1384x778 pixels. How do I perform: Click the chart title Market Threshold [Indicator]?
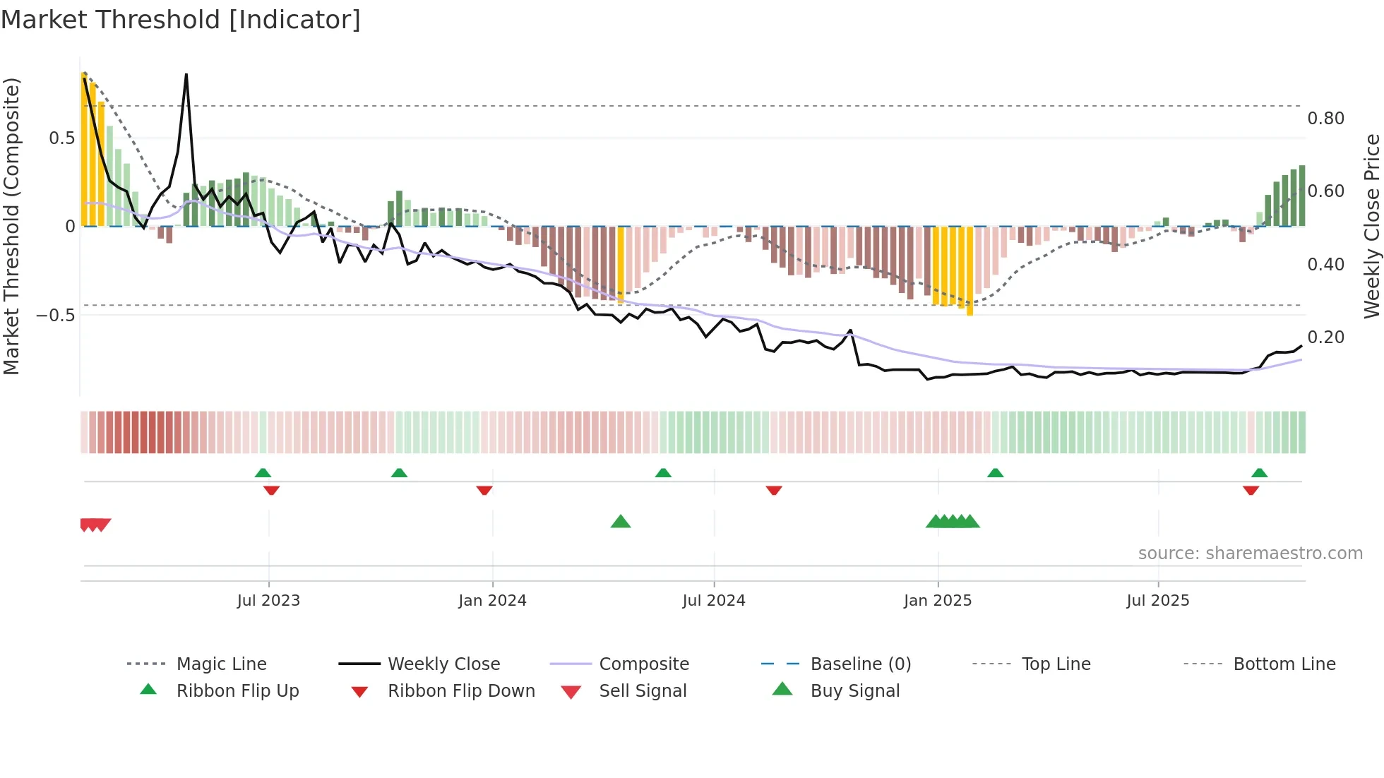(181, 20)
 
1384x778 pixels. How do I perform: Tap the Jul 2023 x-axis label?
(268, 601)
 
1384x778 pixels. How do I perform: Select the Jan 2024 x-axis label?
(492, 601)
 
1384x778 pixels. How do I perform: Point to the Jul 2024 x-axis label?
(713, 601)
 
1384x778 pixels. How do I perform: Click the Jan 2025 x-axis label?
(938, 601)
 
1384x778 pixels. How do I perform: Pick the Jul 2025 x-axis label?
(1157, 601)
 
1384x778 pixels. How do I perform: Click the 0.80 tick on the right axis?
(1325, 119)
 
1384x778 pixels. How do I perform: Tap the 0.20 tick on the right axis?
(1325, 337)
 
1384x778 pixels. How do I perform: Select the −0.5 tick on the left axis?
(56, 315)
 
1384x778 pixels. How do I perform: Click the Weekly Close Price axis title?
(1371, 226)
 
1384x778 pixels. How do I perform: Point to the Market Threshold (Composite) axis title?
(11, 226)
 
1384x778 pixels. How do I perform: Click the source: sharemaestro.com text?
(1250, 553)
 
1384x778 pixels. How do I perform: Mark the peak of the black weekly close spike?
(186, 74)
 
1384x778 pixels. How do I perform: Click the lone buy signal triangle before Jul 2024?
(620, 522)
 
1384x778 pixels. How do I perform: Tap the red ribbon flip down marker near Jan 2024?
(484, 490)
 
